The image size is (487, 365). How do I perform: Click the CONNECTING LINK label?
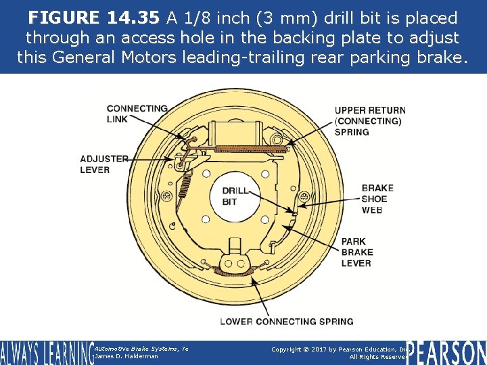[x=137, y=114]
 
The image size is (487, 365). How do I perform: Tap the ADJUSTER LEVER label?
[x=103, y=164]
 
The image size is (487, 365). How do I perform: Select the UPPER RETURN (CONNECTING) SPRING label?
[x=370, y=121]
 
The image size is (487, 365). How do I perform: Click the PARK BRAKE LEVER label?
[x=356, y=252]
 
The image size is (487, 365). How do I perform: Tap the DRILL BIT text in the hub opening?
[x=235, y=196]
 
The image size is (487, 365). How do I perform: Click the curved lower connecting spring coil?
[x=237, y=272]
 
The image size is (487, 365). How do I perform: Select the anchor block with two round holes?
[x=235, y=255]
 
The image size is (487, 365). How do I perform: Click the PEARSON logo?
[x=446, y=353]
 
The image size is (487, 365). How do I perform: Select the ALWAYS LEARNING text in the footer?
[x=45, y=353]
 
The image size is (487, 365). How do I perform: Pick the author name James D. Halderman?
[x=126, y=356]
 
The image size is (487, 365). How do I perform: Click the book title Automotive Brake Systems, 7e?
[x=141, y=348]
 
